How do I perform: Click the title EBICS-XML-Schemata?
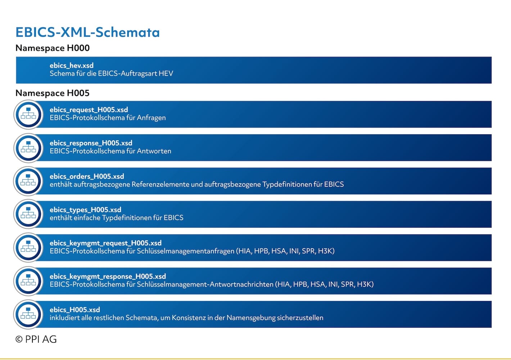click(87, 32)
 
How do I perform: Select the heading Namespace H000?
click(53, 48)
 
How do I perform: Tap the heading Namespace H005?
click(53, 93)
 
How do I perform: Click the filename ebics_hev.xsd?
click(72, 66)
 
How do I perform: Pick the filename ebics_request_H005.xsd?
click(89, 110)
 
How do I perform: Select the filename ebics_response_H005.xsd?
click(91, 143)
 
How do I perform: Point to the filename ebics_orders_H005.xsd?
click(87, 176)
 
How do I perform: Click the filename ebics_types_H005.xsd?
click(86, 210)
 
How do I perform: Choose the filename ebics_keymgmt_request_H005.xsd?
click(106, 243)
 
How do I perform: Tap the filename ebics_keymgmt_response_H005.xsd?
click(108, 276)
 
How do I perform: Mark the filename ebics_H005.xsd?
click(75, 310)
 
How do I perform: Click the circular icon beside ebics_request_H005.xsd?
click(28, 114)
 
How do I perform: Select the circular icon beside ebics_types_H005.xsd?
click(28, 214)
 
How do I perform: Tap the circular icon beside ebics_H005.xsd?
click(28, 314)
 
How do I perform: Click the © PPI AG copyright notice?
click(36, 339)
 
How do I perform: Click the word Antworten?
click(154, 151)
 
